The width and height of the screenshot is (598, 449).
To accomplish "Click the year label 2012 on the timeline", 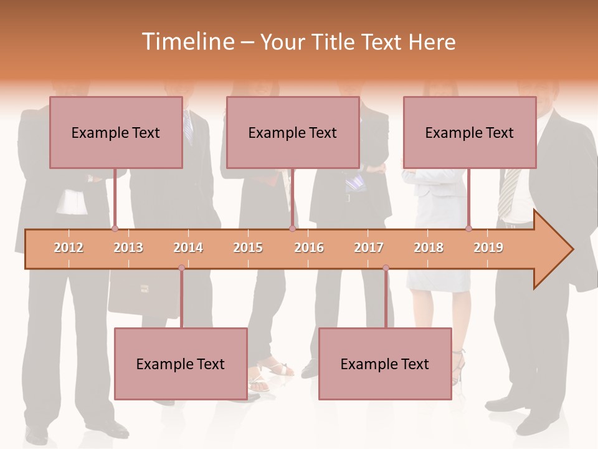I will [x=69, y=248].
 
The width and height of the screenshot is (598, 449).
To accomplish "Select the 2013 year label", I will [x=128, y=248].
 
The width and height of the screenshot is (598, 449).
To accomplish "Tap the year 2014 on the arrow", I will [x=188, y=248].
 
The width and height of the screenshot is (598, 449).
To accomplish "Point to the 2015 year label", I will [x=248, y=248].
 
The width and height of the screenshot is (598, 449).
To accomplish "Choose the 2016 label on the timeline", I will [x=309, y=248].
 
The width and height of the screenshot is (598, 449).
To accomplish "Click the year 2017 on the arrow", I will [x=369, y=248].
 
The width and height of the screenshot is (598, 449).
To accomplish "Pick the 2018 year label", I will [x=429, y=248].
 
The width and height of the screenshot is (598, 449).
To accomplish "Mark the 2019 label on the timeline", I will [x=488, y=248].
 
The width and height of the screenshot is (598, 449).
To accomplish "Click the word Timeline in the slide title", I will [x=187, y=42].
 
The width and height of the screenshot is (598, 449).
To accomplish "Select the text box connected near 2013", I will [x=116, y=132].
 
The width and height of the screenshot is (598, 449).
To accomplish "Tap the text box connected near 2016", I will [x=293, y=132].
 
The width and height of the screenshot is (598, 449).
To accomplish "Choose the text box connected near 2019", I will [x=470, y=132].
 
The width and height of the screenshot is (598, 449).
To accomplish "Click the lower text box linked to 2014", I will [x=181, y=364].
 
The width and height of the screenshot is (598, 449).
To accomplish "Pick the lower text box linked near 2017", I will [x=385, y=364].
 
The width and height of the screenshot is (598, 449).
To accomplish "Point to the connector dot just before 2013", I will [x=115, y=229].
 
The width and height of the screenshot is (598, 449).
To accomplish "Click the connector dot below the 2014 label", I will [x=181, y=268].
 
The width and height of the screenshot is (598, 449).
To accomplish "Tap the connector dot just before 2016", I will [x=292, y=229].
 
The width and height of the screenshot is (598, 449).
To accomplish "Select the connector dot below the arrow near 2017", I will [x=386, y=268].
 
